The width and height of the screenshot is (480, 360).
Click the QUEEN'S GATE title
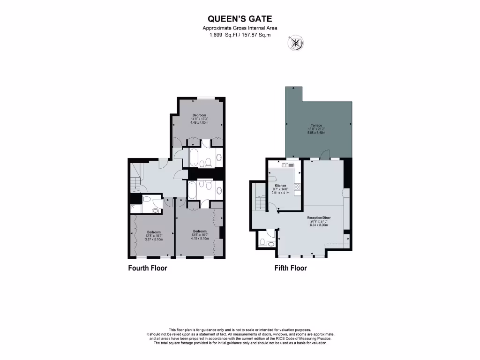tap(240, 19)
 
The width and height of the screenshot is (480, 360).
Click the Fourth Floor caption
tap(148, 269)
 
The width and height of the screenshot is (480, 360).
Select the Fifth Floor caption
tap(291, 269)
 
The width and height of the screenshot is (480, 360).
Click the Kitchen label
tap(280, 186)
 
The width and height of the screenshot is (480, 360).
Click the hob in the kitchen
tap(297, 188)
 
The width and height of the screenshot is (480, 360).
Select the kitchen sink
tap(286, 165)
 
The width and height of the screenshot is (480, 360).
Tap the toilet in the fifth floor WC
tap(263, 243)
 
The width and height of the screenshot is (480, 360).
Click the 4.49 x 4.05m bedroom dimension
tap(199, 122)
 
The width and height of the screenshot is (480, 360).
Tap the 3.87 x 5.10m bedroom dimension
tap(154, 239)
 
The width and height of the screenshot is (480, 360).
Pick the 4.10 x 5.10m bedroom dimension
tap(200, 238)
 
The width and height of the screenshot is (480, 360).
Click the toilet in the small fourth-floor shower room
tap(146, 201)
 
